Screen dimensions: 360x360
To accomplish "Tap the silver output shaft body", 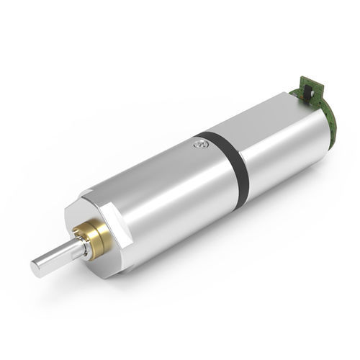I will tap(58, 258).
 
